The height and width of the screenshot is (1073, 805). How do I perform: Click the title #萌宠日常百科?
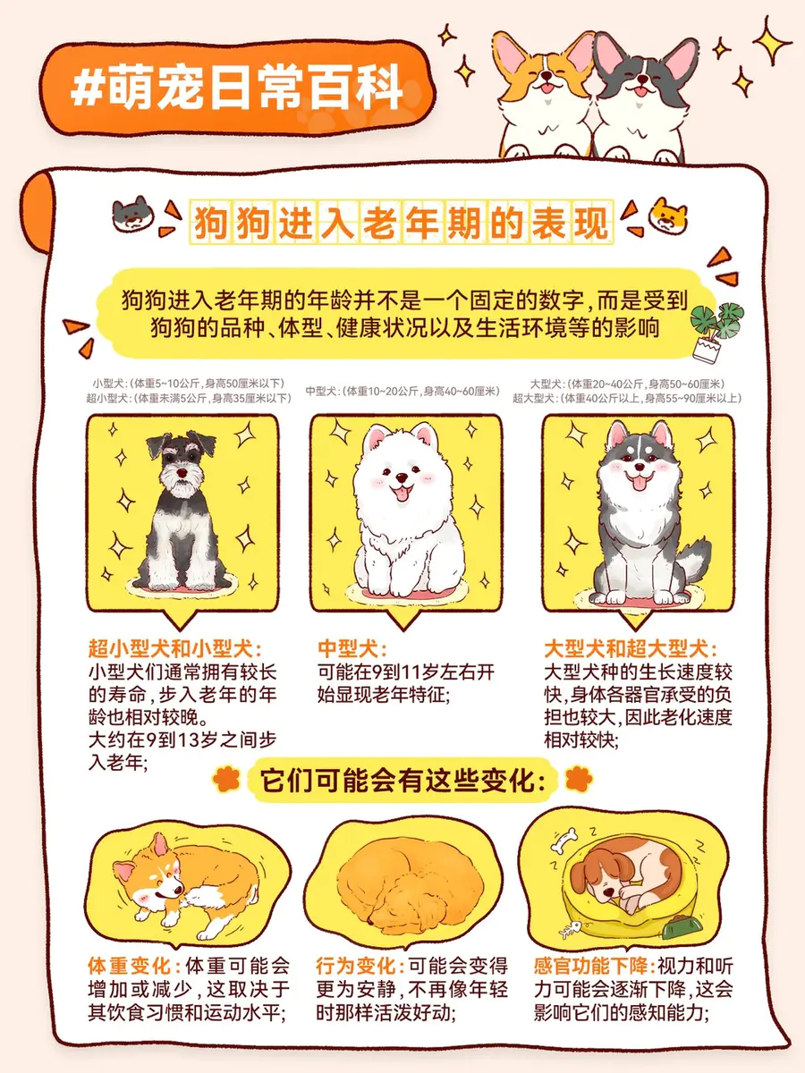point(236,88)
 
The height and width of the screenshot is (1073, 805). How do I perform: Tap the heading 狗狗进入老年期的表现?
point(401,222)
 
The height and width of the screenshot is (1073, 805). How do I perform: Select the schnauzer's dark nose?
point(182,472)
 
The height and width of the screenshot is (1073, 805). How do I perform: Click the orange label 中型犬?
point(352,648)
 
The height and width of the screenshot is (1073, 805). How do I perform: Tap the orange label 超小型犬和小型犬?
point(175,648)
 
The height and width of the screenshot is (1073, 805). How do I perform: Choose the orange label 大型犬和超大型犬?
point(631,648)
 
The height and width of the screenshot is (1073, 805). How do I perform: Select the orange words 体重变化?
point(134,966)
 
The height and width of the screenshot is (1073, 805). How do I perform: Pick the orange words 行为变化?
point(360,966)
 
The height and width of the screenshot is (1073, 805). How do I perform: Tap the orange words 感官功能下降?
point(594,966)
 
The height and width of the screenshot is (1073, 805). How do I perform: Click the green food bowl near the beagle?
point(682,925)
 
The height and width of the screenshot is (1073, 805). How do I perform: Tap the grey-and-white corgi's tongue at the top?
point(640,91)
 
